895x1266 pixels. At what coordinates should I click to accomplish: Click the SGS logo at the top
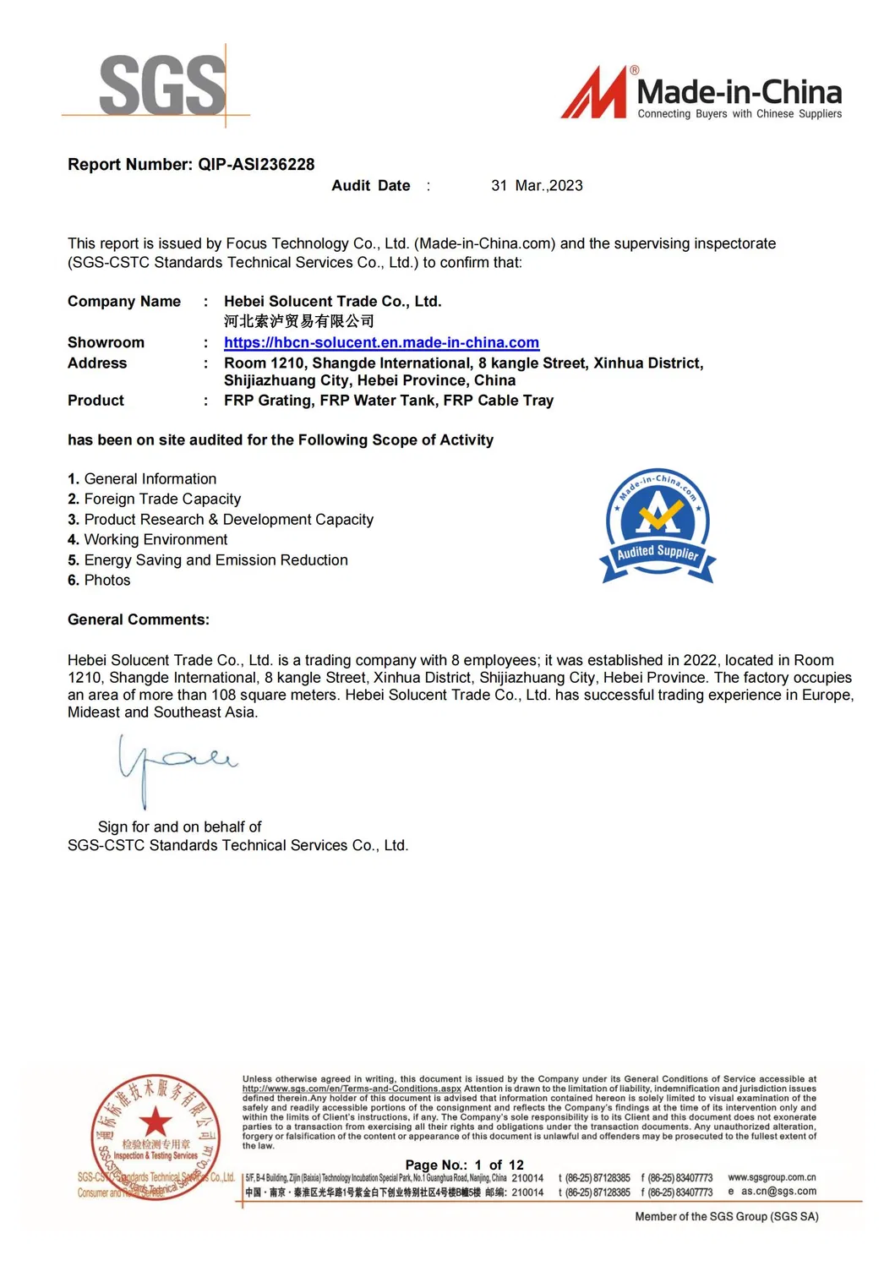(x=162, y=85)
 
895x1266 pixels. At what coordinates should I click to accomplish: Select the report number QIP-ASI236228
(x=256, y=165)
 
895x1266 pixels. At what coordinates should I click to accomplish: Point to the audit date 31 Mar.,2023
(x=537, y=186)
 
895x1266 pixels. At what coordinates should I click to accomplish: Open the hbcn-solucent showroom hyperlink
(x=381, y=343)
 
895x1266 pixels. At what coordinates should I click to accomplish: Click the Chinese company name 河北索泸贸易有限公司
(x=298, y=322)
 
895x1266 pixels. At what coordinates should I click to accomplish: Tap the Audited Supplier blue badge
(x=658, y=527)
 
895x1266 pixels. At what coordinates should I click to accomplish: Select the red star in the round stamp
(x=156, y=1121)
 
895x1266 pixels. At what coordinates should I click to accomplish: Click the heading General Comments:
(x=139, y=620)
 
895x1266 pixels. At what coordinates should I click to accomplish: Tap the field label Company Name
(x=124, y=302)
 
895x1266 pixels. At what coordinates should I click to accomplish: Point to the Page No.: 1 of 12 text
(x=464, y=1165)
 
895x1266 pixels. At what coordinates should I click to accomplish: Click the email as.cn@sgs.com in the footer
(x=778, y=1192)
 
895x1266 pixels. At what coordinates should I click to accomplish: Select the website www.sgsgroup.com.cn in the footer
(x=772, y=1177)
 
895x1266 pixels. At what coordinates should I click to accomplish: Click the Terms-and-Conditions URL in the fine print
(x=352, y=1089)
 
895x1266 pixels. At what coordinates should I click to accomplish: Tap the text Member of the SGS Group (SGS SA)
(x=727, y=1217)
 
